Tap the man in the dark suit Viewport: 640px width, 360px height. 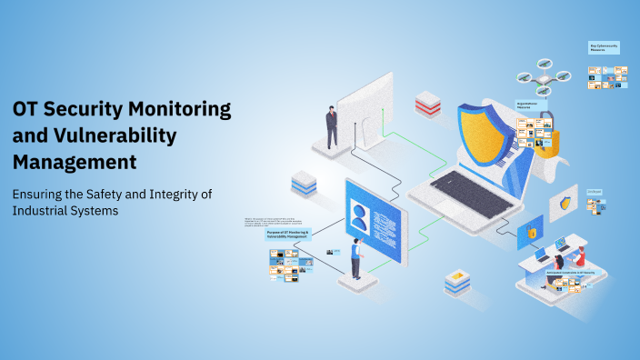click(x=332, y=126)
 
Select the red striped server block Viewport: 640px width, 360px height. click(x=427, y=104)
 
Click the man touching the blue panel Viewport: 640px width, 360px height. click(x=356, y=258)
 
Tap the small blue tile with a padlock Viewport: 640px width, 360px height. click(x=530, y=235)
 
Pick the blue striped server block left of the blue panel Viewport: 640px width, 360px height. click(x=304, y=185)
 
